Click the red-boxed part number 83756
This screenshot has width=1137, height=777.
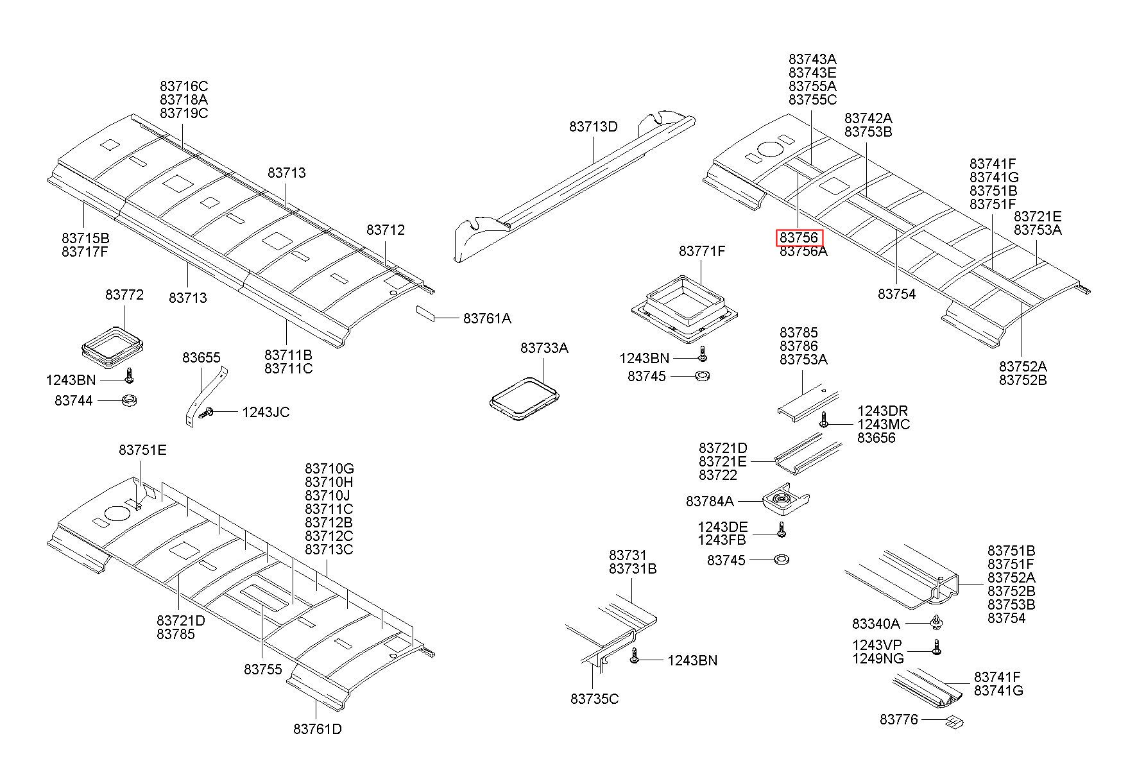pyautogui.click(x=799, y=238)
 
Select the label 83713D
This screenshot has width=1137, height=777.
pyautogui.click(x=593, y=127)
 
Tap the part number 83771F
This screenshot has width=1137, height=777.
pyautogui.click(x=702, y=252)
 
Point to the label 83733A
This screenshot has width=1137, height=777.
pyautogui.click(x=544, y=348)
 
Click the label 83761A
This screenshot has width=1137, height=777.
pyautogui.click(x=487, y=318)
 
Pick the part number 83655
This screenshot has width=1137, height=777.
pyautogui.click(x=201, y=358)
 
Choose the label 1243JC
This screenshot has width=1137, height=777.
pyautogui.click(x=266, y=413)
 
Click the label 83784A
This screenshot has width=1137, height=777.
pyautogui.click(x=710, y=501)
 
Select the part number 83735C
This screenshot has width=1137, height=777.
pyautogui.click(x=594, y=699)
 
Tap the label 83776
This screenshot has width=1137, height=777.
pyautogui.click(x=899, y=720)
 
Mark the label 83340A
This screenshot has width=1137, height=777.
pyautogui.click(x=876, y=624)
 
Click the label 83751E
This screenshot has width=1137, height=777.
pyautogui.click(x=142, y=450)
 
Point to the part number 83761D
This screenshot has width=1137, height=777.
pyautogui.click(x=317, y=730)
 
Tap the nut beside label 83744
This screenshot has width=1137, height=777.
pyautogui.click(x=130, y=401)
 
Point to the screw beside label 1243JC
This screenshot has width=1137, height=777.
pyautogui.click(x=207, y=414)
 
